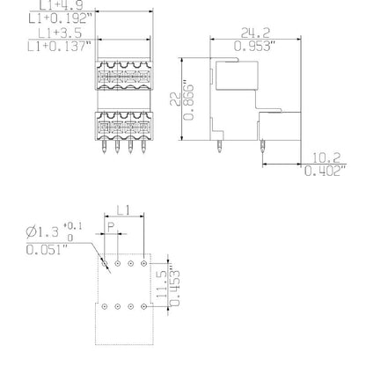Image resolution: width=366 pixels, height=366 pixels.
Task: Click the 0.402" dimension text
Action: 331,172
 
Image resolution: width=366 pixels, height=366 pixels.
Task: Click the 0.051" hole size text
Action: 49,250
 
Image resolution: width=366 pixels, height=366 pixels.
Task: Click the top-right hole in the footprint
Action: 143,263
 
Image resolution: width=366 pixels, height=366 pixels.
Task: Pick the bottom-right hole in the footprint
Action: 143,305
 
